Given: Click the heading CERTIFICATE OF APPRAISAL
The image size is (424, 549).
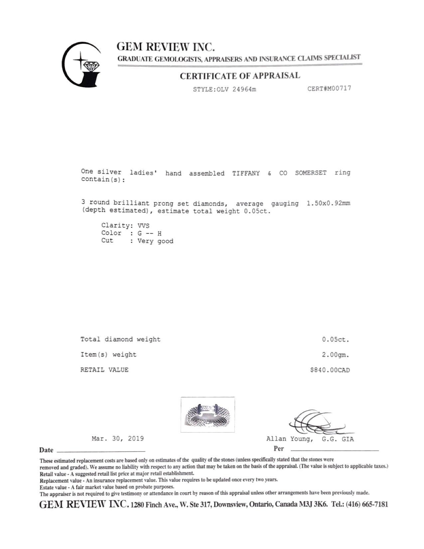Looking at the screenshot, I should pos(240,76).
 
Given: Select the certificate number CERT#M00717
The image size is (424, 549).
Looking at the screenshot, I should pos(329,89).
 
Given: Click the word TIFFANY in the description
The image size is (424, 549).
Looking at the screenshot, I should pos(246,173).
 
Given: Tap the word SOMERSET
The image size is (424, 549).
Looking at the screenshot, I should pos(311,173).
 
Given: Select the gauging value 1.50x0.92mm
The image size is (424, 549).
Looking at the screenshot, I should pos(328,203).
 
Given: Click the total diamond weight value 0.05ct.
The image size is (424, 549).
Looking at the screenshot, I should pos(335,340).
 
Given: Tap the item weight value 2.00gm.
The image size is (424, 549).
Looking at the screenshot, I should pos(335,355).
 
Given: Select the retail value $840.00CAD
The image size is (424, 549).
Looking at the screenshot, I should pos(330,370).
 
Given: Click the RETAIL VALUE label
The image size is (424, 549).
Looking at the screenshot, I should pos(104,370).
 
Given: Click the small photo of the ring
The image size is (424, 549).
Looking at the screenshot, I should pos(208,415).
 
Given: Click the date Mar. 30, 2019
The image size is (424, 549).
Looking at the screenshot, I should pos(118,439).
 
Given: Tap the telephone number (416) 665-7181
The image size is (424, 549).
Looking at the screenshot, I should pos(367,504).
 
